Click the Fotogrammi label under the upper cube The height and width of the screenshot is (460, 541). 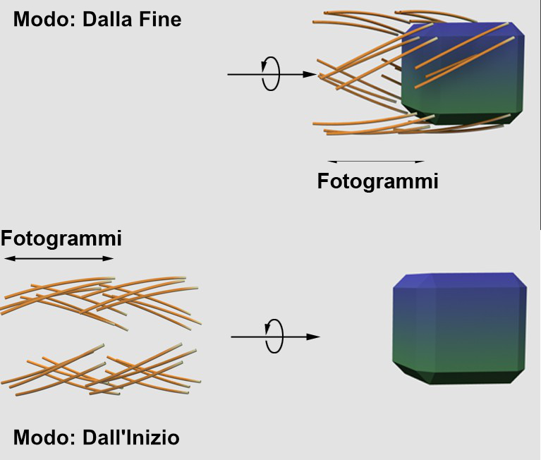coord(377,181)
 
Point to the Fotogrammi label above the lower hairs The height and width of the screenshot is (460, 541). coord(61,238)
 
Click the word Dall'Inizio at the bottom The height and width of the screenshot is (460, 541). coord(131,437)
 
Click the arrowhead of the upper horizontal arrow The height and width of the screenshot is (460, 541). coord(310,74)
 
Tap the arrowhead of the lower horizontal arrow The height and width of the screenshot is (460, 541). coord(313,337)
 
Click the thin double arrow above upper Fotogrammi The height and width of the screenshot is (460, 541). coord(376,161)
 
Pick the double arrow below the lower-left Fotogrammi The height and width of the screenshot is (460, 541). coord(59,258)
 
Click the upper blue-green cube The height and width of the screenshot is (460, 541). coord(463,73)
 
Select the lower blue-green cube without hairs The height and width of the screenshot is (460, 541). coord(460,329)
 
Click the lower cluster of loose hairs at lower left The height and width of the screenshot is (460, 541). coord(101,370)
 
